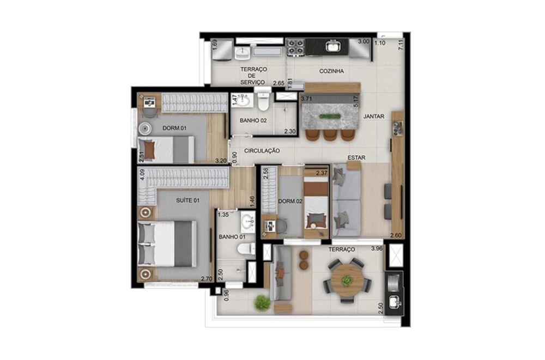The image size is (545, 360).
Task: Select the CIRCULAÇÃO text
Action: point(262,150)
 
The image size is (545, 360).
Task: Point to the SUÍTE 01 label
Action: point(188,200)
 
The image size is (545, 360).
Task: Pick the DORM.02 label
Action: point(290,201)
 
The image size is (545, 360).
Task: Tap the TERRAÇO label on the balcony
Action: point(342,249)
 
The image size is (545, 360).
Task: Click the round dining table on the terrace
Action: point(347,280)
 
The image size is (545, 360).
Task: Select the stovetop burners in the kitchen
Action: point(295,47)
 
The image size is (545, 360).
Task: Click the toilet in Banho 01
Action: point(246,249)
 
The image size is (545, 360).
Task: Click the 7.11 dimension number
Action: point(401,45)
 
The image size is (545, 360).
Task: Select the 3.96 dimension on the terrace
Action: point(377,249)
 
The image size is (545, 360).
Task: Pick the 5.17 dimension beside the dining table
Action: point(356,102)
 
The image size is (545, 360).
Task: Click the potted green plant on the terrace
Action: point(263,303)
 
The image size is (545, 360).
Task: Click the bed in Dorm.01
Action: point(166,149)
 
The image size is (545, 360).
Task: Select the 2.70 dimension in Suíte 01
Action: point(207,279)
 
